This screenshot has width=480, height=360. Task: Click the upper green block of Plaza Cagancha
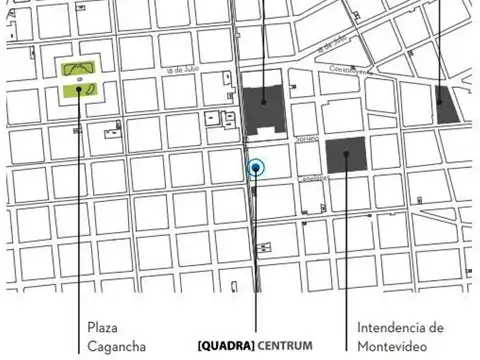80,69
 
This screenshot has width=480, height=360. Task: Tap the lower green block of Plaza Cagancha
79,90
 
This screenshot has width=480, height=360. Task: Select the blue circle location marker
257,167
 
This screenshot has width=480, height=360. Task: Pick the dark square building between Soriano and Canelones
345,155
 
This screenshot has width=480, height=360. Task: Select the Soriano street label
306,137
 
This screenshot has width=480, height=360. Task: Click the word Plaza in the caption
103,328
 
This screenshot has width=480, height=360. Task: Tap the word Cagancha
117,347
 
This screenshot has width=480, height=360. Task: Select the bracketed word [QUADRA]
226,347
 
